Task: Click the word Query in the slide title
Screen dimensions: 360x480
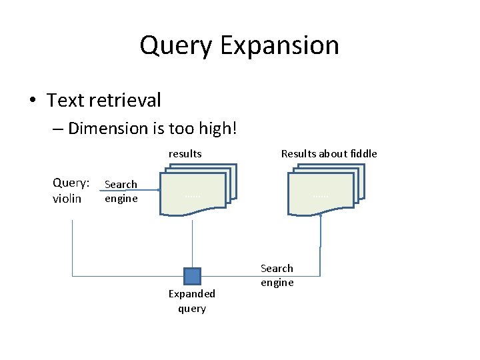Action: pos(176,46)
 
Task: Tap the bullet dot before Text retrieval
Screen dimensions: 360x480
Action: pos(32,101)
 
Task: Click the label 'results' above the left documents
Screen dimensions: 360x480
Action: pos(185,154)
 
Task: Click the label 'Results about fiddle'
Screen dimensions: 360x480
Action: pos(329,154)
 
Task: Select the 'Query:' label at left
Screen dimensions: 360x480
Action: pos(71,183)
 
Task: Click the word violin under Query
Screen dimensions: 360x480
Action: pos(67,199)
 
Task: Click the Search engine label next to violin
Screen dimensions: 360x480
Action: pos(121,191)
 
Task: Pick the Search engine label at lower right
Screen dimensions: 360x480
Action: pos(277,275)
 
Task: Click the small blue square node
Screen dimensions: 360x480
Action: pos(192,276)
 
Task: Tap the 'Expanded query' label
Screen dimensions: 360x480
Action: pos(191,301)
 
